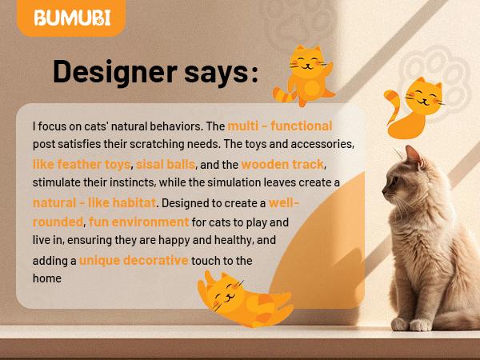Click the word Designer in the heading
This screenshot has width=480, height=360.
(114, 73)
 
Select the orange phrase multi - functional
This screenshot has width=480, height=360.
(279, 126)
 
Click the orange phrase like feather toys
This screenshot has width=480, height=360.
(81, 164)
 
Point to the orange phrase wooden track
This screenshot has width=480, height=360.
(282, 164)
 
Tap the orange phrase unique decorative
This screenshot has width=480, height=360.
(134, 261)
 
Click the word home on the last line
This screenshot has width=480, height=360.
(47, 278)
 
